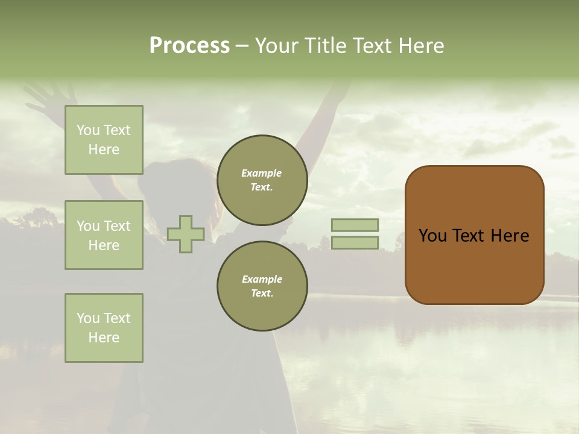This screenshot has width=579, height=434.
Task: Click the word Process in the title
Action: [x=189, y=46]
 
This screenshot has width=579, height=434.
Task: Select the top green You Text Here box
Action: [x=104, y=140]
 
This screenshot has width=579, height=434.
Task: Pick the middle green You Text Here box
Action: [x=104, y=235]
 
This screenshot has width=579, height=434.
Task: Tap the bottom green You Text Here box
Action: [x=104, y=328]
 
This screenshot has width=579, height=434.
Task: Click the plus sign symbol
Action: [x=186, y=234]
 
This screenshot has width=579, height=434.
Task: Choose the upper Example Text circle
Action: [x=262, y=180]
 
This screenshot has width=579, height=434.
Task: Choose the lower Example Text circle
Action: [x=262, y=286]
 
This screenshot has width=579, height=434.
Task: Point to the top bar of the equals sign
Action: [x=355, y=225]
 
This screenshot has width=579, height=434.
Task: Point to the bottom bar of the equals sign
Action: [x=355, y=243]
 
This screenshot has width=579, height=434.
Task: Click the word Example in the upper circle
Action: [x=262, y=174]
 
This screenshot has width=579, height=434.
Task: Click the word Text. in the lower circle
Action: [x=262, y=294]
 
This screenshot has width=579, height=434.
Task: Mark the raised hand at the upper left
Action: [x=51, y=96]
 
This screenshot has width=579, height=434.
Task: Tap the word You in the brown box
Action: [x=432, y=236]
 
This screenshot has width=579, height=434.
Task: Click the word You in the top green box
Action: [x=88, y=130]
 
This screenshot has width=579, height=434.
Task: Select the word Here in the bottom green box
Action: [x=104, y=338]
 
